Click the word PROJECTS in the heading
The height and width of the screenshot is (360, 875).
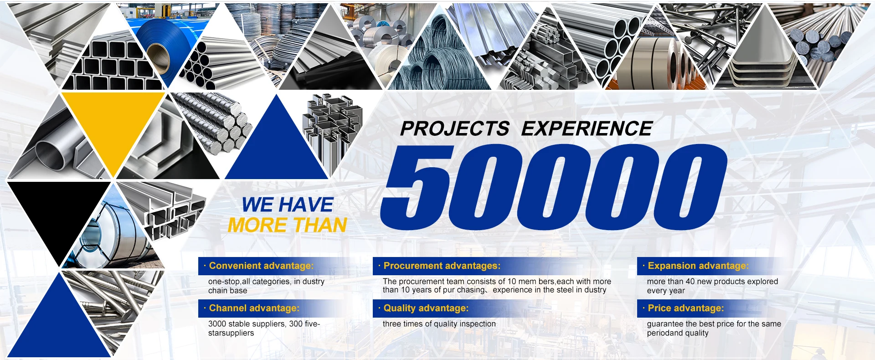[454, 129]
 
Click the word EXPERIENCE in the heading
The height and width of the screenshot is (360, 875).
[587, 129]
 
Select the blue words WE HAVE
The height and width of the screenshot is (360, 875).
[288, 205]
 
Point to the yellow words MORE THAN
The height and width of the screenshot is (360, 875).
[288, 225]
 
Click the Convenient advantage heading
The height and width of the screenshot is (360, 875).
[261, 266]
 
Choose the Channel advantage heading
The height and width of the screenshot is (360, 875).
[254, 308]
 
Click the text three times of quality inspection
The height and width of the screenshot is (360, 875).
[439, 324]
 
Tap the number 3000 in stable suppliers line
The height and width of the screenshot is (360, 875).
[217, 324]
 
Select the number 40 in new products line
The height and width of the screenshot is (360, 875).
[690, 282]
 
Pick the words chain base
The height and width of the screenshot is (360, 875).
[227, 291]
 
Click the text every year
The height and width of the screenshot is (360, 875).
[666, 291]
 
